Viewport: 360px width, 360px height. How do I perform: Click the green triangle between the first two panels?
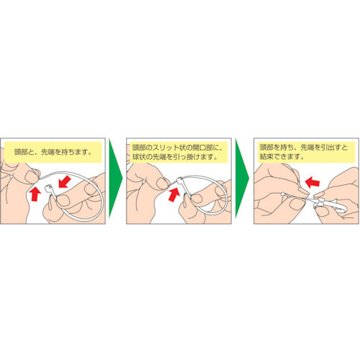tap(114, 178)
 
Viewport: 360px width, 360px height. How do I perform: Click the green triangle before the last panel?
tap(240, 178)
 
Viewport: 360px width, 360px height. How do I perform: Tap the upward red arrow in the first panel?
tap(35, 194)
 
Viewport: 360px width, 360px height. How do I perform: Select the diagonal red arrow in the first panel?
tap(65, 181)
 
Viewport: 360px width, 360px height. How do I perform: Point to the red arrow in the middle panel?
tap(174, 194)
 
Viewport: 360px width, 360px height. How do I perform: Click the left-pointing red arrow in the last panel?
tap(312, 181)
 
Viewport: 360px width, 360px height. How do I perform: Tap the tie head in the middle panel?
tap(180, 180)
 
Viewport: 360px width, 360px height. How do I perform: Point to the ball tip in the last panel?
tap(282, 193)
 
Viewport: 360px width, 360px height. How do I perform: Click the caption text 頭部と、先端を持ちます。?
tap(53, 152)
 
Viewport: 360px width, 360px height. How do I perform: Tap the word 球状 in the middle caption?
tap(139, 157)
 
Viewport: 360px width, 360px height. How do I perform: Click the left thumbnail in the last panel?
tap(296, 204)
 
